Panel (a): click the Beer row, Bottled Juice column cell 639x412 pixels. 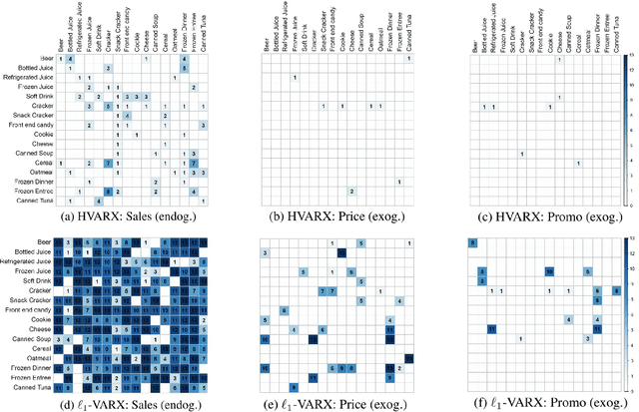pyautogui.click(x=70, y=61)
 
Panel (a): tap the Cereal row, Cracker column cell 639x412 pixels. pyautogui.click(x=108, y=163)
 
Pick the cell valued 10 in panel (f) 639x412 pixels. pyautogui.click(x=548, y=298)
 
